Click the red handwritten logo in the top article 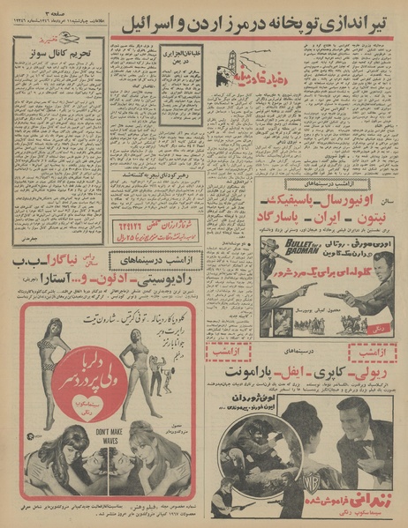tap(230, 86)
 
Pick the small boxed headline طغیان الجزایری tap(178, 51)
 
